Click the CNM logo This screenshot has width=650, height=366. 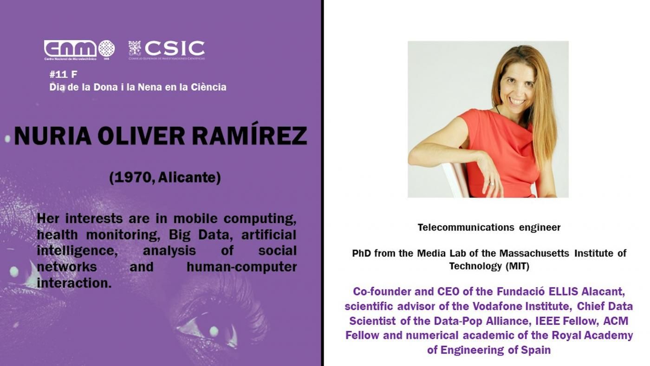(79, 49)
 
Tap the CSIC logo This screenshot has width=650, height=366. (167, 49)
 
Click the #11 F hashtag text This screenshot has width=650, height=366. (63, 74)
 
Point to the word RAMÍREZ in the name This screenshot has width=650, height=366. (249, 136)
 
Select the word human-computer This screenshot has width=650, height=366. (241, 267)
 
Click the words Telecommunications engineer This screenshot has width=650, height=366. (489, 228)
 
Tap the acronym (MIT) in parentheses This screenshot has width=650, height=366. (514, 267)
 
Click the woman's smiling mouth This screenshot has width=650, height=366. (516, 101)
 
